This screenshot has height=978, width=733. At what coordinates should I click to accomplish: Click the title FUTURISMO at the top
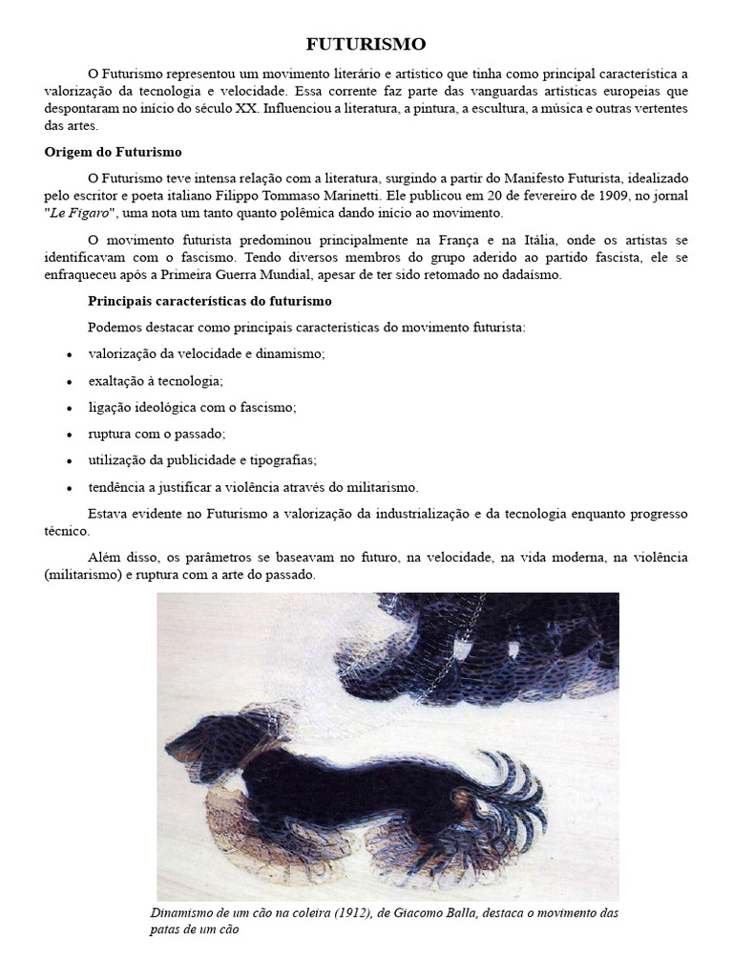(x=366, y=44)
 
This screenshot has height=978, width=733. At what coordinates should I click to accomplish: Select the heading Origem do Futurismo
(x=113, y=152)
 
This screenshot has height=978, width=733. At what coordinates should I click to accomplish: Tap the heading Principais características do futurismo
(x=210, y=301)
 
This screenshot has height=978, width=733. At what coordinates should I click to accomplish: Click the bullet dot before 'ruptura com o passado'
(x=70, y=434)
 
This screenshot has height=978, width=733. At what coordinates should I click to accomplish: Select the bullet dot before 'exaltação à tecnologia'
(x=70, y=381)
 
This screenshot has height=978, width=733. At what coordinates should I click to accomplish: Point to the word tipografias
(x=283, y=459)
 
